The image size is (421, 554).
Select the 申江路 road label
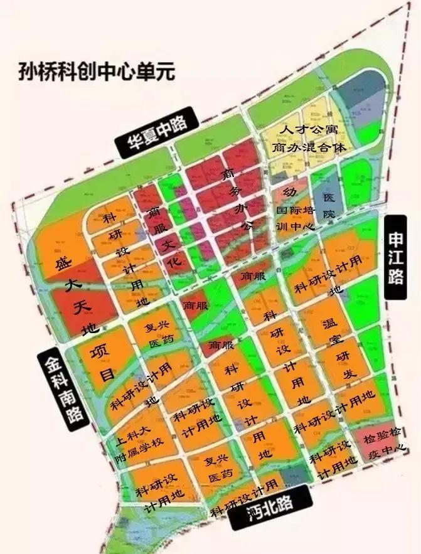pos(396,258)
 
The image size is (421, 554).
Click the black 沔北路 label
pos(270,515)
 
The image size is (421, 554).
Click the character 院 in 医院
pos(329,213)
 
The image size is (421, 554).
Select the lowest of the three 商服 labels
pos(221,345)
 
